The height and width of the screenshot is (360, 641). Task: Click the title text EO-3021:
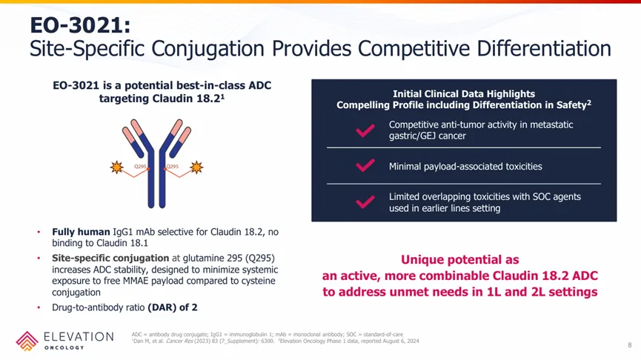pos(80,25)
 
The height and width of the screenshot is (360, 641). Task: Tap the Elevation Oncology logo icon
pos(27,341)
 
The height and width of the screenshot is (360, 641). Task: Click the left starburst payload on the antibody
pos(117,167)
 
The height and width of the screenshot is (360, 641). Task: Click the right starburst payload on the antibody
pos(196,167)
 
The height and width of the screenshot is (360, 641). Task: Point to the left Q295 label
pos(140,167)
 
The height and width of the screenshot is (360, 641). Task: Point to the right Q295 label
pos(173,167)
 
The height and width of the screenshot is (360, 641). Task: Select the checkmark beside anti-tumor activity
pos(365,130)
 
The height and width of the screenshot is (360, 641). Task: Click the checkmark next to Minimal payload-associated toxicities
pos(365,165)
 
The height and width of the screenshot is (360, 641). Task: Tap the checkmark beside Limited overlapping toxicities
pos(365,202)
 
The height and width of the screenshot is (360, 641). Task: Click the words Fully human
pos(81,232)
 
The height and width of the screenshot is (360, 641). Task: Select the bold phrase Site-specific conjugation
pos(110,259)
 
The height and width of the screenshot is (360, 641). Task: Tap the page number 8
pos(630,345)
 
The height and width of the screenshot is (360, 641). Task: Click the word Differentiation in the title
pos(544,48)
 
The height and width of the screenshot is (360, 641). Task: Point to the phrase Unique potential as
pos(460,260)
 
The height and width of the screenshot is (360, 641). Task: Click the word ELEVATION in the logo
pos(79,337)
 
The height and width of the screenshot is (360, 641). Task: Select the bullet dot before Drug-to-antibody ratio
pos(39,307)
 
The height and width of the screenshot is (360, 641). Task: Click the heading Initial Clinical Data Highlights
pos(464,94)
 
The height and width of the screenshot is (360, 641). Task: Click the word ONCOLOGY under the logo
pos(64,347)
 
